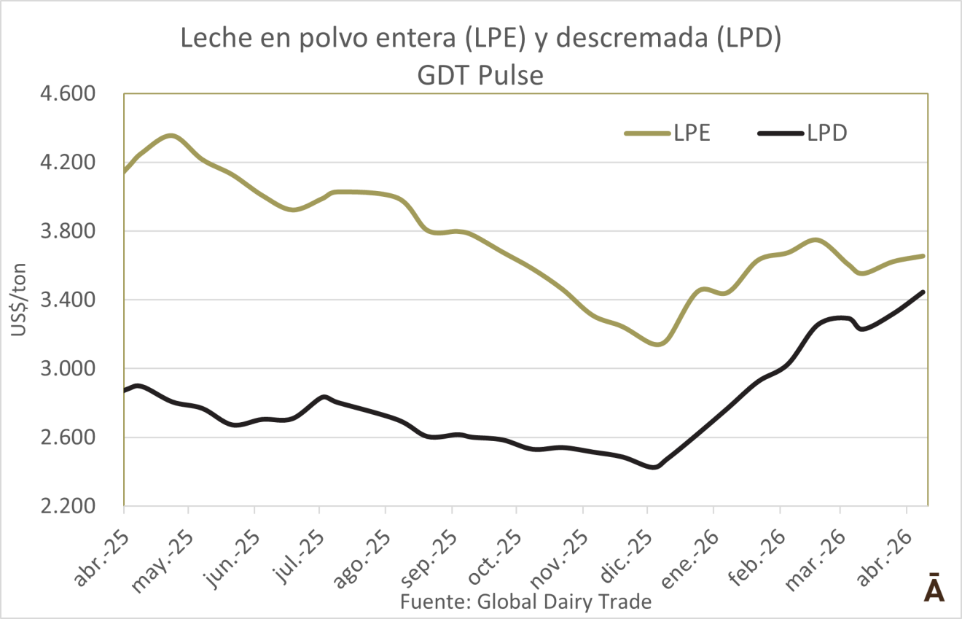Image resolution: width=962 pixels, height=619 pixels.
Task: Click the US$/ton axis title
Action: (x=18, y=300)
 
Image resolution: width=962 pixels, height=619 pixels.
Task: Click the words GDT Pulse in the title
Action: (x=481, y=75)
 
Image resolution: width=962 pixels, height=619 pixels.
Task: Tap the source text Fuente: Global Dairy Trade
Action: (x=525, y=602)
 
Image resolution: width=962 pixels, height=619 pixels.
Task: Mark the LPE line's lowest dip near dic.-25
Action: (x=657, y=344)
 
